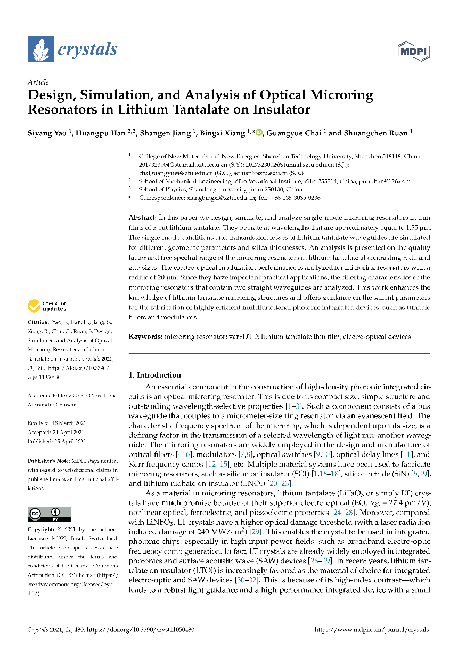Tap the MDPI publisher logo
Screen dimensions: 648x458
click(x=413, y=51)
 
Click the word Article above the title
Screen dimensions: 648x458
click(x=38, y=82)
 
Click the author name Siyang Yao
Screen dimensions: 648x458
click(x=47, y=133)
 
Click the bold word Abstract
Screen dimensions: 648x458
click(x=142, y=218)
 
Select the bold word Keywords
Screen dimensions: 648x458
click(x=145, y=337)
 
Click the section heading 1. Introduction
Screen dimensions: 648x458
click(x=155, y=375)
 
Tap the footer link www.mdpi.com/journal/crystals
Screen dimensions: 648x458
click(x=372, y=630)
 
